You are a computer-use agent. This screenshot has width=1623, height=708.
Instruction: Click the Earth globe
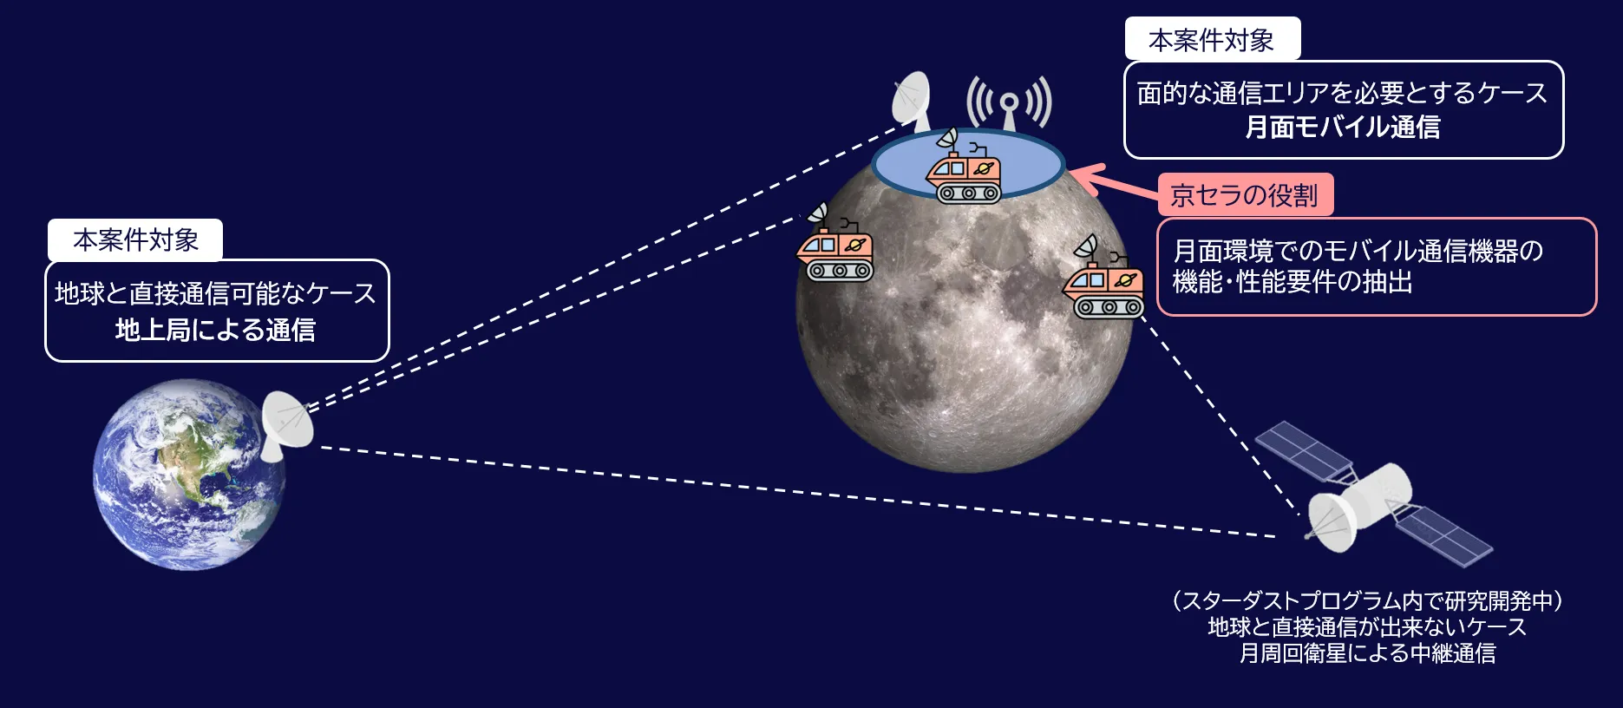189,475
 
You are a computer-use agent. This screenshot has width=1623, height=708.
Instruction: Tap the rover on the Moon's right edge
1103,278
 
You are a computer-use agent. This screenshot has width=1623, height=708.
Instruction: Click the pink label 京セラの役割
1245,195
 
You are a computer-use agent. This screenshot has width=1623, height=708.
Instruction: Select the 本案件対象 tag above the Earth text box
136,239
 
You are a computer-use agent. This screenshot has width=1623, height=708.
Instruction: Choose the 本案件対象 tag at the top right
1212,39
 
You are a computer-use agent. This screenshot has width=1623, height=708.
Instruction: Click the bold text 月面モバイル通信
1343,128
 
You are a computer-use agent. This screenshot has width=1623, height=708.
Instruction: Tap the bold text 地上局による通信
215,330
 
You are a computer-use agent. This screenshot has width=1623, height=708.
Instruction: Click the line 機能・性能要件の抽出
1293,282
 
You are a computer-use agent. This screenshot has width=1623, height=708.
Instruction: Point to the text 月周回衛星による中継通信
1367,652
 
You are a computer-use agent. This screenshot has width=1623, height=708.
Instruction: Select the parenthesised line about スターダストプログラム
1367,600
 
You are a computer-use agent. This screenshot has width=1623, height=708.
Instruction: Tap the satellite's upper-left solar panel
1304,454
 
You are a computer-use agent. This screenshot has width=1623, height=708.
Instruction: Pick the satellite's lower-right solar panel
1442,535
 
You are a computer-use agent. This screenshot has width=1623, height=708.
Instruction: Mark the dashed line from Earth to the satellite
798,492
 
